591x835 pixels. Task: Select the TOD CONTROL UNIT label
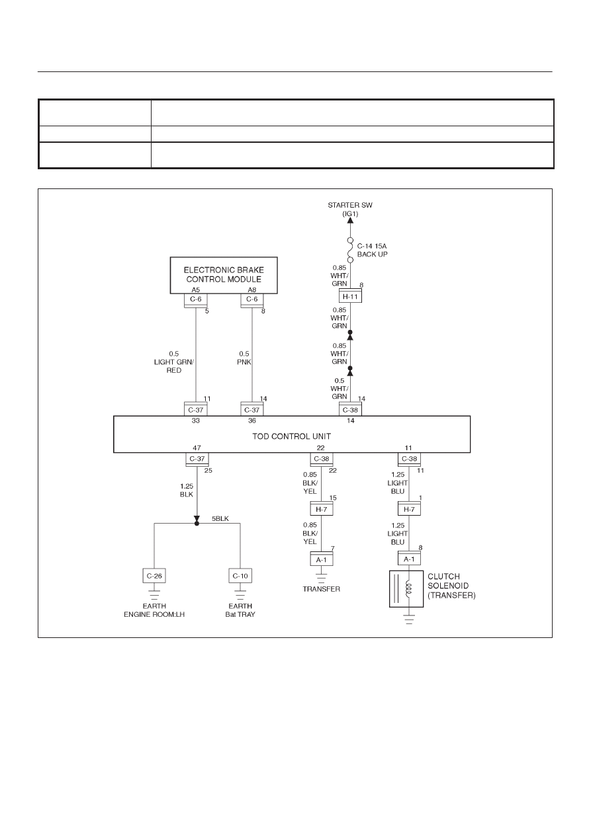[291, 436]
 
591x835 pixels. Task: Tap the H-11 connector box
[350, 297]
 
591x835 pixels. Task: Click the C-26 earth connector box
[154, 576]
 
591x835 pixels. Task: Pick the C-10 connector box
[240, 576]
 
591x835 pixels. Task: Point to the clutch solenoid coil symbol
[408, 588]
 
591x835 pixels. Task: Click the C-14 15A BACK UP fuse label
[372, 250]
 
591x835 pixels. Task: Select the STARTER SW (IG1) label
[350, 209]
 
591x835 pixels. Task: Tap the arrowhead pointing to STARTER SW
[350, 220]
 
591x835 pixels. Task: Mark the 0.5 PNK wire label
[244, 358]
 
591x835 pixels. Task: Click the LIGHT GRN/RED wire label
[174, 366]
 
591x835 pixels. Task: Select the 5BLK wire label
[220, 518]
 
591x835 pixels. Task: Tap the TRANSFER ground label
[321, 589]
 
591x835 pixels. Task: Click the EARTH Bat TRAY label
[240, 610]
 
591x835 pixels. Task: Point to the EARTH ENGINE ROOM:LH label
[154, 610]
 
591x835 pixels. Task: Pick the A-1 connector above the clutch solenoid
[409, 559]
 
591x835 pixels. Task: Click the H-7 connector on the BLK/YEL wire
[321, 509]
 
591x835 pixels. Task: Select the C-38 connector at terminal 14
[350, 409]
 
